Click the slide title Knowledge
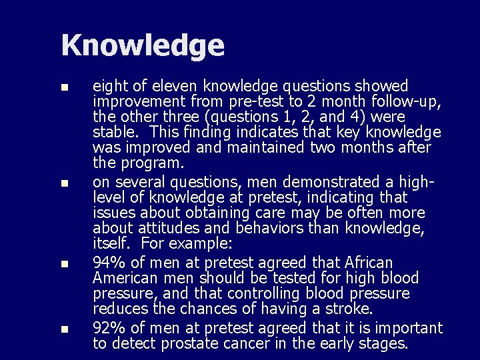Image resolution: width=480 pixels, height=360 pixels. [x=143, y=45]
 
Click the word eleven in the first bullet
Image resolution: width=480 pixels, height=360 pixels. [x=177, y=87]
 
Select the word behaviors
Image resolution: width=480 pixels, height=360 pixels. [x=273, y=229]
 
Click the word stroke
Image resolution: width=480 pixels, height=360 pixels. [x=351, y=309]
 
